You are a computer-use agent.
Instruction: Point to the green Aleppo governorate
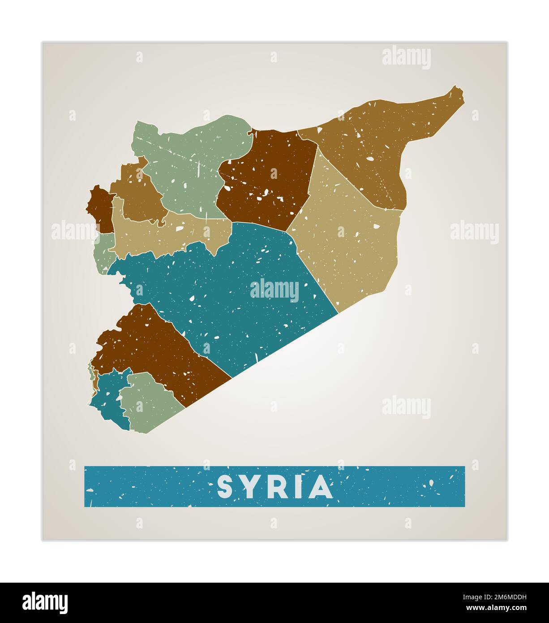tap(188, 161)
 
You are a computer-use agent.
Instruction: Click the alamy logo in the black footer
tap(45, 602)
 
